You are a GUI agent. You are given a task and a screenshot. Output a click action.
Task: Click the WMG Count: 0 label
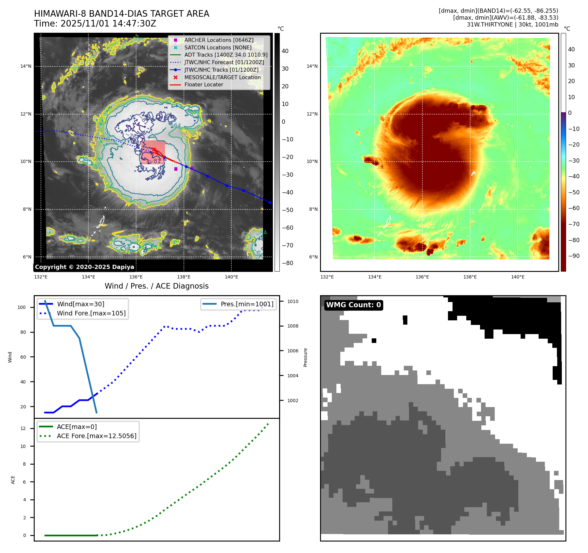pos(353,305)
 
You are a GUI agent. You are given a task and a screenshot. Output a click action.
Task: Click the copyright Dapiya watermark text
pos(84,267)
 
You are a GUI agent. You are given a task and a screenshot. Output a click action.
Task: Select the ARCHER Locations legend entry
pos(219,40)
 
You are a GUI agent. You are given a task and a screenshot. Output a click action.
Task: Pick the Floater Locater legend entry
pos(204,84)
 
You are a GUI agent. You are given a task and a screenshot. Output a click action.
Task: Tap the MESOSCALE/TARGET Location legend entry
pos(222,77)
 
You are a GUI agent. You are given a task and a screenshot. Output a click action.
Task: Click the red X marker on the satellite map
pos(154,150)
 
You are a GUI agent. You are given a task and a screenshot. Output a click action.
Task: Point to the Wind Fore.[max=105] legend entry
pos(91,313)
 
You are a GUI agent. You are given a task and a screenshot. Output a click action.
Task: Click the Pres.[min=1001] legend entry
pos(247,304)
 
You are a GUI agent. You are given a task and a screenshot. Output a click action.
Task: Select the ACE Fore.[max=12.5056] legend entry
pos(97,436)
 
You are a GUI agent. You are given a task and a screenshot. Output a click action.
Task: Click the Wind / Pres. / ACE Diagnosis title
pos(156,286)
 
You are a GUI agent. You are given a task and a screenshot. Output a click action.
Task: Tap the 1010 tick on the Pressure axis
pos(293,301)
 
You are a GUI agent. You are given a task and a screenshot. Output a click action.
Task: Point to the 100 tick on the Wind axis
pos(22,307)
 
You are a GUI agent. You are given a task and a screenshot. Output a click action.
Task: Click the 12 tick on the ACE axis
pos(23,428)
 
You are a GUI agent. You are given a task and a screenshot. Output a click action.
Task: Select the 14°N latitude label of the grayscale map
pos(26,66)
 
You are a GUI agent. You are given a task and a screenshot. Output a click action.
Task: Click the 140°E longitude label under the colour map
pos(518,277)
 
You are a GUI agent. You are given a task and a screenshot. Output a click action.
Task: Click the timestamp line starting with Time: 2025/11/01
pos(95,24)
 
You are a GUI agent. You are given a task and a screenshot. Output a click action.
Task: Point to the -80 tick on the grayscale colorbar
pos(288,263)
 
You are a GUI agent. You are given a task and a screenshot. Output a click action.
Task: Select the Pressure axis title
pos(305,357)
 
